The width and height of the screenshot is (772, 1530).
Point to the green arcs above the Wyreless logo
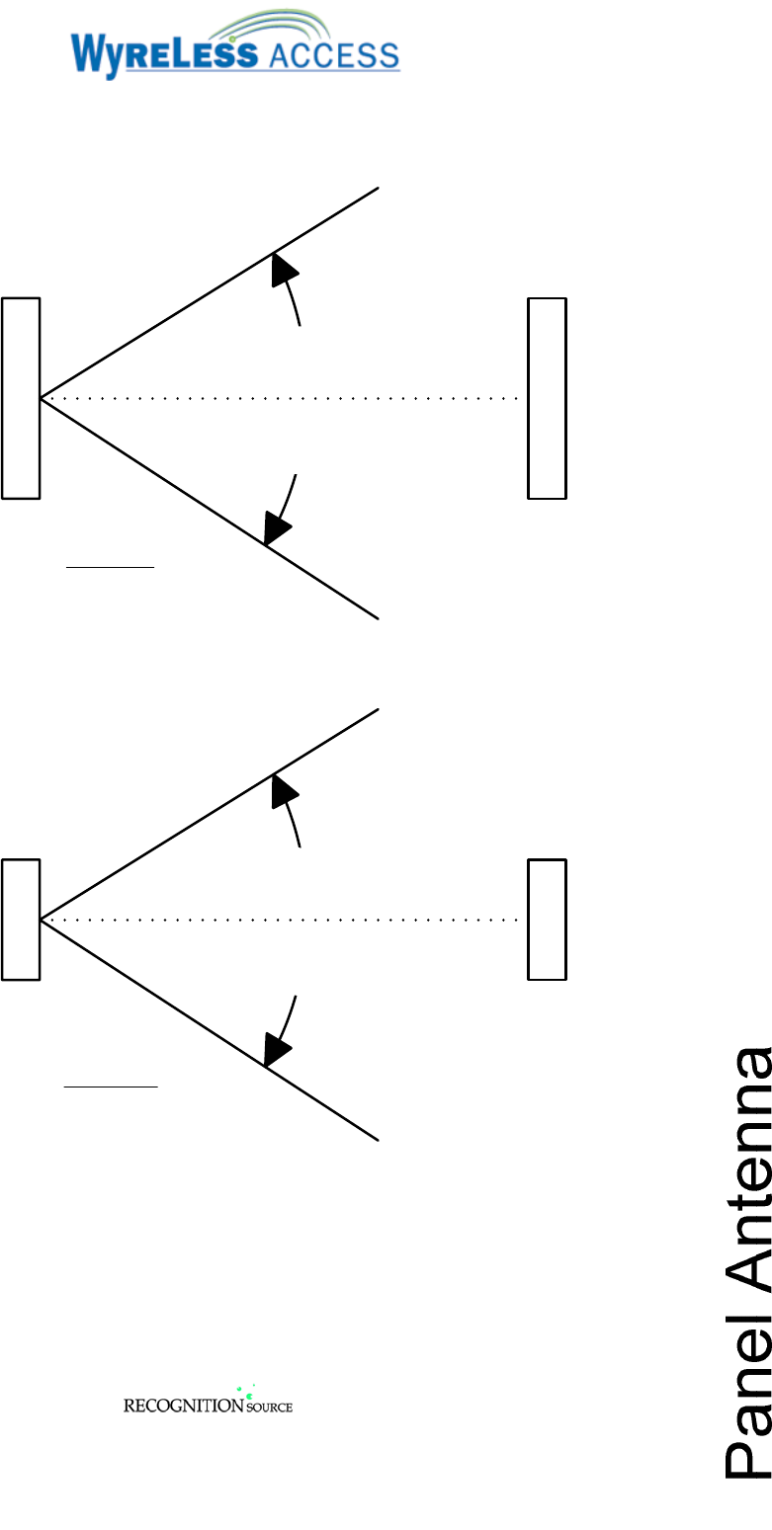pos(287,26)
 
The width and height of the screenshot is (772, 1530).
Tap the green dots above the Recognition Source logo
pos(245,1393)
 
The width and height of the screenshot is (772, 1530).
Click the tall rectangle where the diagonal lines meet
pos(21,397)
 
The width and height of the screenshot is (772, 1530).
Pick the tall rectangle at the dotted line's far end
pos(547,397)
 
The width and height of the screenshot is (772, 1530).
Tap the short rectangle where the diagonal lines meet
pos(21,920)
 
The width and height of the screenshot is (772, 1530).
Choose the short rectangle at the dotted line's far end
pos(547,920)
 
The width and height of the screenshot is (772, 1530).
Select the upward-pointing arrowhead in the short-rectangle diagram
pos(284,790)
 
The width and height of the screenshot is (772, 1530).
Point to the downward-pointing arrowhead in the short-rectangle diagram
pos(276,1049)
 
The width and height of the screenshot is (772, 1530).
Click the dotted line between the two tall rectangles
pos(282,398)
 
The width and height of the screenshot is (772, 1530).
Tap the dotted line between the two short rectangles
pos(282,920)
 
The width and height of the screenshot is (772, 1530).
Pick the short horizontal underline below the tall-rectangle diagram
pos(110,568)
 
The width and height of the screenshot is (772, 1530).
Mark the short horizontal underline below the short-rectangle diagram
pos(111,1087)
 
